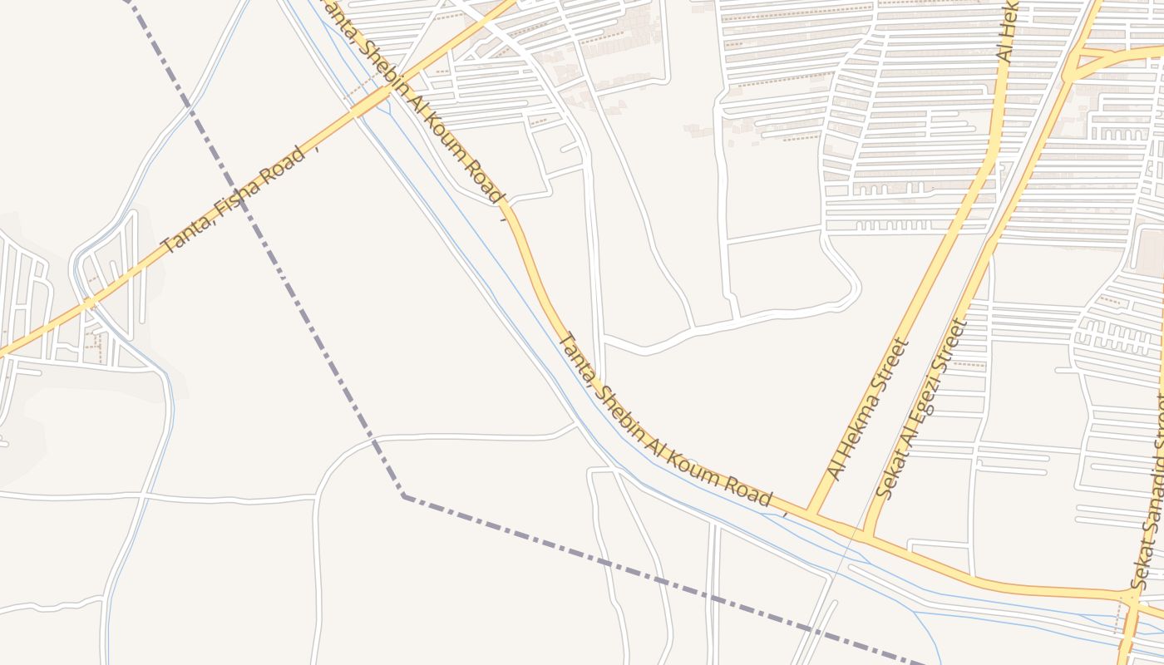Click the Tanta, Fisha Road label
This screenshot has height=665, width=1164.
(234, 200)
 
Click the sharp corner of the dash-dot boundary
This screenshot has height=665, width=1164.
(404, 496)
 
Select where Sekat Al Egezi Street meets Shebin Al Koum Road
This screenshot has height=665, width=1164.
(867, 535)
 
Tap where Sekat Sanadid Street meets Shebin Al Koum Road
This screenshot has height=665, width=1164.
(1130, 596)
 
